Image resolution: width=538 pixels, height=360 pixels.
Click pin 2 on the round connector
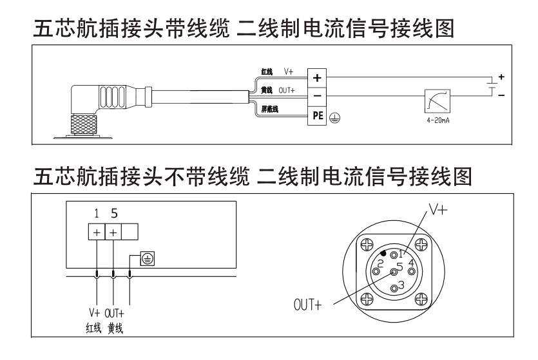[x=381, y=264]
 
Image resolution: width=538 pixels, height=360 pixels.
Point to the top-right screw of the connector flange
[x=421, y=244]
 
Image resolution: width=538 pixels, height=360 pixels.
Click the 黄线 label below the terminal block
[x=116, y=329]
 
